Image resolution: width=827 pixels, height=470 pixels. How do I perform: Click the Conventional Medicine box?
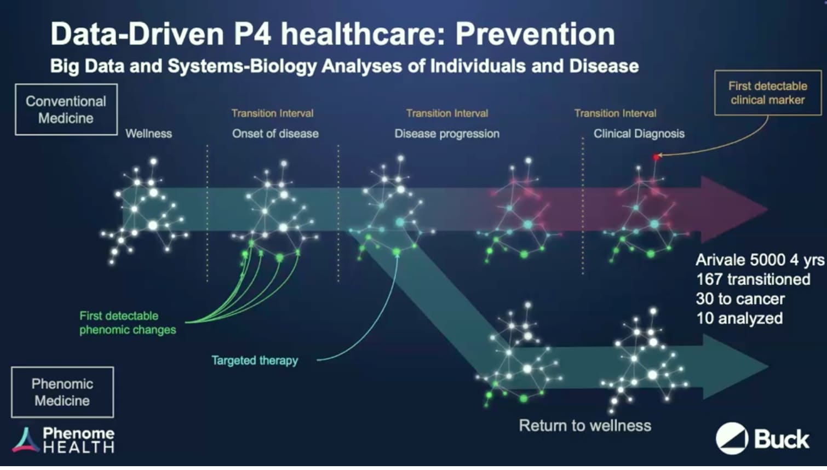[66, 110]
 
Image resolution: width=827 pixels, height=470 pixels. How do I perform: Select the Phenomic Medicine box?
[62, 392]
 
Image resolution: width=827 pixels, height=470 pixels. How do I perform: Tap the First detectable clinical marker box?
[768, 93]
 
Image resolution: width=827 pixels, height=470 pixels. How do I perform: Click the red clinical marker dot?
[656, 157]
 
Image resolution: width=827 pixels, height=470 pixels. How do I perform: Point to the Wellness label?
[148, 133]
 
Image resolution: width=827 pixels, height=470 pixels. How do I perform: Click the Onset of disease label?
[275, 133]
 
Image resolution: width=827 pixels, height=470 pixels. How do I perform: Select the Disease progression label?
[447, 134]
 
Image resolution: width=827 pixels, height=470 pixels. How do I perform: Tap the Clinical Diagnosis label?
[639, 134]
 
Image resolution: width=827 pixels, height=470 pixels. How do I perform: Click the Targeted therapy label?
[255, 360]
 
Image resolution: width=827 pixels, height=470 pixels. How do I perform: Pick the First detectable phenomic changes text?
[128, 323]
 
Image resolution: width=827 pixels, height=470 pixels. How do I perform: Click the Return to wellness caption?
[585, 425]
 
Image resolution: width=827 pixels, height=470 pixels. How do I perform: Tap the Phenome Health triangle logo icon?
[26, 440]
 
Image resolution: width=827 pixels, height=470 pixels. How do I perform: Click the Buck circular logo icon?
[732, 438]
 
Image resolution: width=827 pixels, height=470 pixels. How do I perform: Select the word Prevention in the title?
[535, 34]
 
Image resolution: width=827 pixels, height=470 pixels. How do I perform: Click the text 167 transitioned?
[753, 279]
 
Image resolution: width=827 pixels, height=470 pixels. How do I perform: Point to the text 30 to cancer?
[740, 299]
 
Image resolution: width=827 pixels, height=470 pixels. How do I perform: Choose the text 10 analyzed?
[739, 318]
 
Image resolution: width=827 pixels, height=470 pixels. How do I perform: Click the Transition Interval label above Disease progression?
[447, 113]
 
